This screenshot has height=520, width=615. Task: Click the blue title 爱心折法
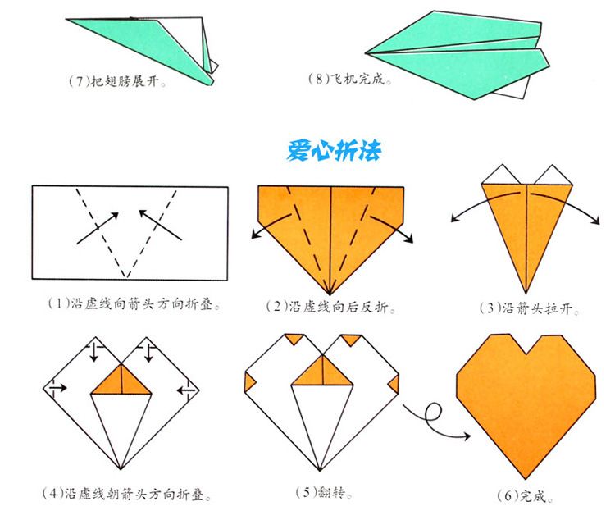334,150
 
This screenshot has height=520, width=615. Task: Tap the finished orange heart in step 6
526,404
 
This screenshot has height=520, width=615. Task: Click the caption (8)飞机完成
350,80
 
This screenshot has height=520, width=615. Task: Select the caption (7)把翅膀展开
117,82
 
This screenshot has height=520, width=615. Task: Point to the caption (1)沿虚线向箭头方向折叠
134,303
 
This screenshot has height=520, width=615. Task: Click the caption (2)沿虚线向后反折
330,307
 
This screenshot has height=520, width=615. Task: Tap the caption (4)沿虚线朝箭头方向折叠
126,494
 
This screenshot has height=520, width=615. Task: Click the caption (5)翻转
324,492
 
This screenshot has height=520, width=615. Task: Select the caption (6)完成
526,496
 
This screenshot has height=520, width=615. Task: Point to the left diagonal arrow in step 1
98,228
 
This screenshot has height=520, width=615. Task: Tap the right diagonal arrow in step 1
161,225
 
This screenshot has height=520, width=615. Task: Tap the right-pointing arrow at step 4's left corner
58,388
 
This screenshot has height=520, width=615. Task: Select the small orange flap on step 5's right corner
394,384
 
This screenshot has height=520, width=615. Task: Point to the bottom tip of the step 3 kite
526,292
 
